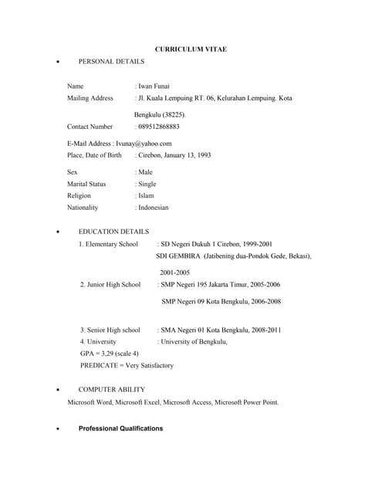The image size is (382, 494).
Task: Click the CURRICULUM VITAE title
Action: [x=191, y=49]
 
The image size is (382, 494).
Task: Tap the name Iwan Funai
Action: [x=154, y=86]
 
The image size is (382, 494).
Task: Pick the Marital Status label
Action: [x=86, y=184]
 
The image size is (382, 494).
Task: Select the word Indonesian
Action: [x=153, y=208]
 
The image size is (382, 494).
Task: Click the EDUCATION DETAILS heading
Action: [x=113, y=232]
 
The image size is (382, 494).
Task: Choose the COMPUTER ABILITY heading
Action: [x=111, y=390]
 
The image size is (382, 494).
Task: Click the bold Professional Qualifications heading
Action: [x=120, y=428]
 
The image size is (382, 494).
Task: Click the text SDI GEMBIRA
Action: [x=179, y=255]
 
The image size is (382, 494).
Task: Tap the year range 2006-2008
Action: [x=263, y=301]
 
